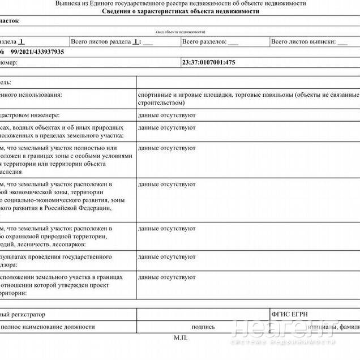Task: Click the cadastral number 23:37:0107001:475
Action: pos(208,62)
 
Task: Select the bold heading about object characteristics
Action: pos(181,11)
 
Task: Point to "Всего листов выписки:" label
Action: pos(302,42)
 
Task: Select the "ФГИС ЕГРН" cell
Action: pos(289,314)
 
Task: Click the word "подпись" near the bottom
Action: pos(203,327)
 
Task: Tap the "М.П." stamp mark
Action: pos(181,337)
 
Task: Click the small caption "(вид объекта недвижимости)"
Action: pos(180,32)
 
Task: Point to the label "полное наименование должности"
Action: pos(48,327)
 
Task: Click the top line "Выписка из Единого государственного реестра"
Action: pos(181,3)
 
